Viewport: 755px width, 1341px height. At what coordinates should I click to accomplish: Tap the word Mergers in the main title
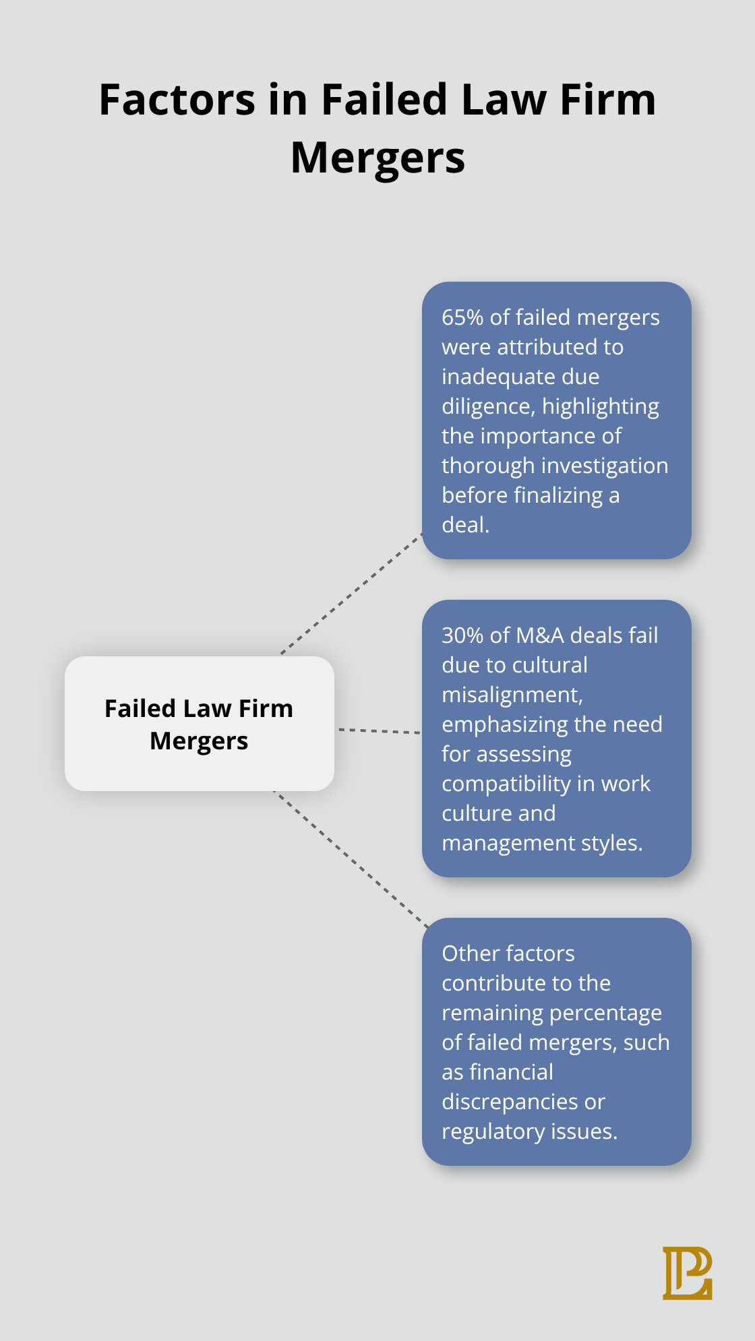coord(377,158)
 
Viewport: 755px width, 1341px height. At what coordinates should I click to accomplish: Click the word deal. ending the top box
coord(465,525)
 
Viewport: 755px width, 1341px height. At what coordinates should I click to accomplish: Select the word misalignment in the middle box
coord(512,695)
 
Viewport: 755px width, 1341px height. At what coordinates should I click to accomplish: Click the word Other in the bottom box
coord(466,954)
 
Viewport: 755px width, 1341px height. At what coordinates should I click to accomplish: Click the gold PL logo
coord(687,1273)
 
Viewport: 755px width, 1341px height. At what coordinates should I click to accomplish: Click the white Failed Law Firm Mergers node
coord(200,724)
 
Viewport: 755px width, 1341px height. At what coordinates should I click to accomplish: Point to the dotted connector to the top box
coord(351,594)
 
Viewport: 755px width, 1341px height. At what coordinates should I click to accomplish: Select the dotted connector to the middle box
coord(379,731)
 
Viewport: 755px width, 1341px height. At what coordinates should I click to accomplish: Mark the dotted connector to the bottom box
coord(351,859)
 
